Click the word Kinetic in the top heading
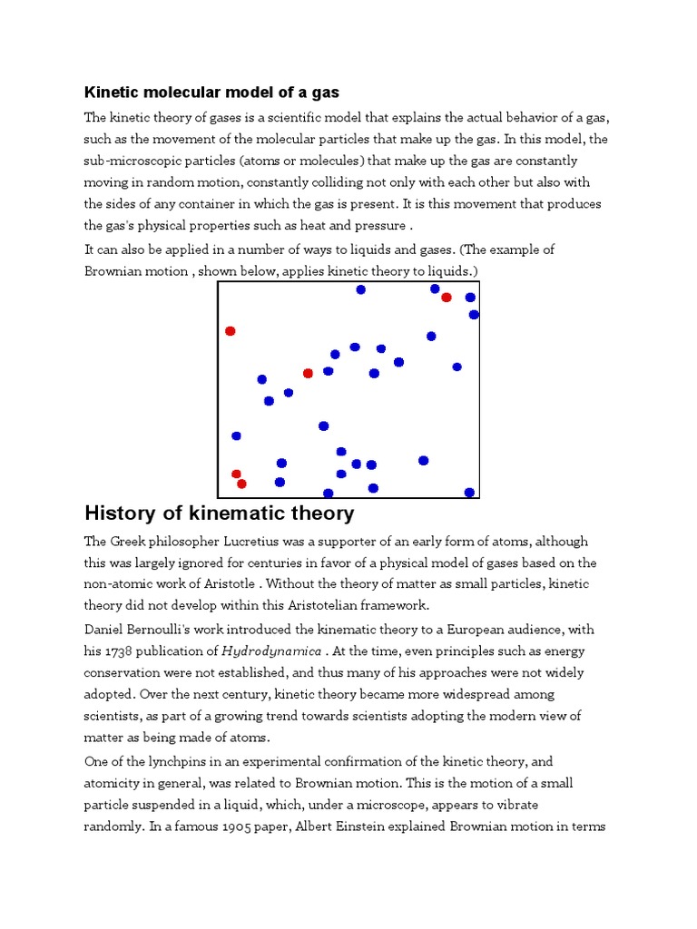click(111, 93)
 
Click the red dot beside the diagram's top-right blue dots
click(446, 298)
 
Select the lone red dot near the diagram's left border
click(231, 331)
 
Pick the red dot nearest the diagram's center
click(308, 373)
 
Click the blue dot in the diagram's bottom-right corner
click(469, 493)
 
